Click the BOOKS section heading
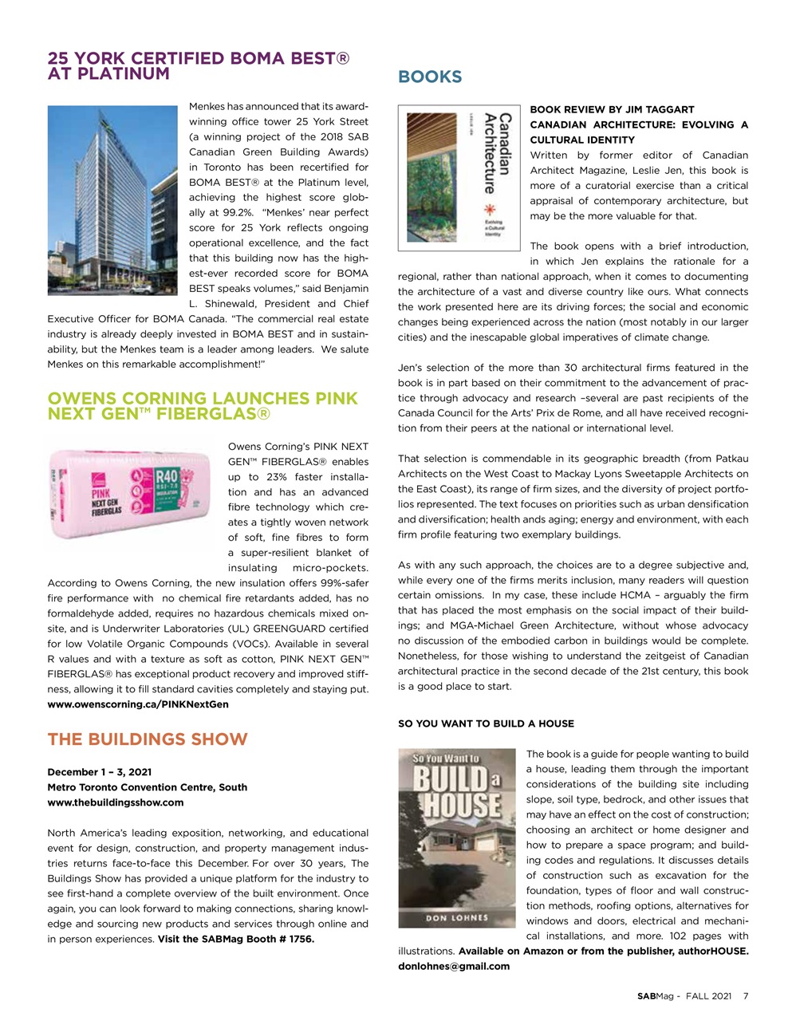pyautogui.click(x=430, y=77)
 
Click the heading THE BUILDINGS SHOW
pyautogui.click(x=148, y=739)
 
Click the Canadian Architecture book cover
pyautogui.click(x=459, y=178)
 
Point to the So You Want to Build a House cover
pyautogui.click(x=456, y=838)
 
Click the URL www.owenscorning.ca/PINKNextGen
pyautogui.click(x=138, y=704)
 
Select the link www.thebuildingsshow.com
pyautogui.click(x=116, y=802)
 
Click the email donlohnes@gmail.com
pyautogui.click(x=453, y=966)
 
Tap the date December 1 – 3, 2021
pyautogui.click(x=100, y=772)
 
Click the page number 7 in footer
pyautogui.click(x=745, y=995)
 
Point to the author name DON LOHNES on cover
pyautogui.click(x=456, y=917)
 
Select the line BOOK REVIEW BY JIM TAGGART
pyautogui.click(x=612, y=109)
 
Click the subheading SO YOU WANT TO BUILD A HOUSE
pyautogui.click(x=486, y=723)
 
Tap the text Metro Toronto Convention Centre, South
pyautogui.click(x=148, y=787)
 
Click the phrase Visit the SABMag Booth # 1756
pyautogui.click(x=236, y=939)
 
